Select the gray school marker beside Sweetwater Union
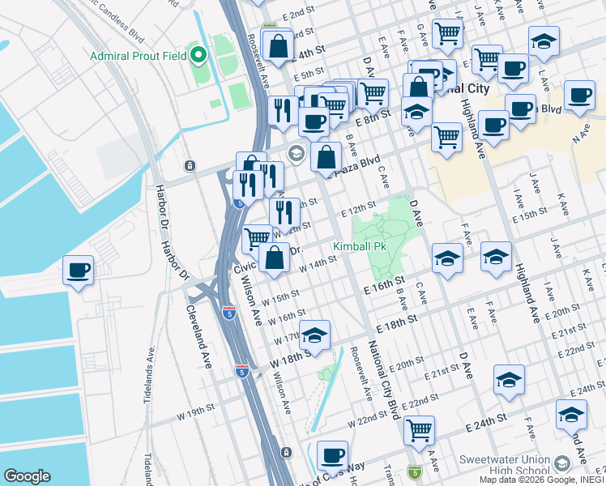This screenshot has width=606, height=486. [561, 463]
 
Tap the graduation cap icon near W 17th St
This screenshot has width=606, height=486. [315, 335]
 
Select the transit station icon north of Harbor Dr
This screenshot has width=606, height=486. [189, 166]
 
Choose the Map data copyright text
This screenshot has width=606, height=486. [542, 480]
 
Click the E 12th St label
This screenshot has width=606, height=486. [359, 210]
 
